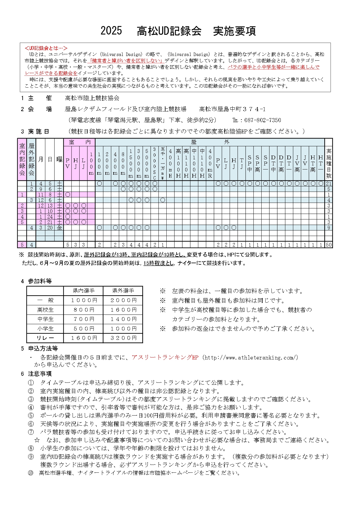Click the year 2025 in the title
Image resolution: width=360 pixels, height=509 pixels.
click(111, 31)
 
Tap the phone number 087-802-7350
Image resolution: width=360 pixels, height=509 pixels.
click(262, 120)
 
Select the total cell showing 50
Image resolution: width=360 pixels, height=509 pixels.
click(328, 245)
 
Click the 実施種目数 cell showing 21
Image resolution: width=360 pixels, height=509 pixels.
click(328, 183)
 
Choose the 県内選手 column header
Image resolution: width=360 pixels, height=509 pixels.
click(84, 291)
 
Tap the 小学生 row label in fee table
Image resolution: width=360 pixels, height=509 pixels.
click(45, 328)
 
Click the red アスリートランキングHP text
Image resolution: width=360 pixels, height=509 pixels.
click(165, 358)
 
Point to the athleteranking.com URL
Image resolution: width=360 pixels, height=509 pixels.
click(251, 358)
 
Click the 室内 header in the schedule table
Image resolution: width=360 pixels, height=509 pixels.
click(80, 142)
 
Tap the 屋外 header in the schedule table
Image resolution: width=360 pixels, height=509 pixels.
click(210, 142)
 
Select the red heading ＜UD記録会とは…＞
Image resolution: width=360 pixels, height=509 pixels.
click(46, 48)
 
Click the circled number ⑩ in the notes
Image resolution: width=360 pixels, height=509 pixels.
click(30, 473)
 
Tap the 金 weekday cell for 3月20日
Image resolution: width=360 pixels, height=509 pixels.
click(59, 228)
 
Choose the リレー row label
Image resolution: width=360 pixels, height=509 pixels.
click(45, 338)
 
